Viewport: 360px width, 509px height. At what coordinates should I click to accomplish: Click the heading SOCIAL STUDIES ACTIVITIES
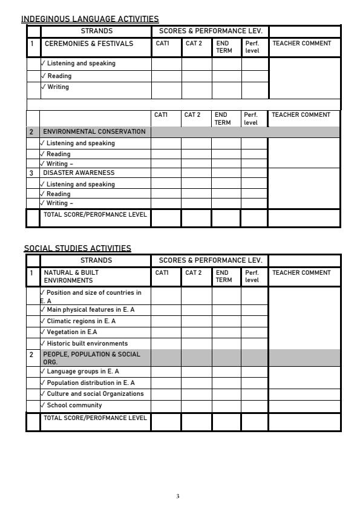(x=77, y=248)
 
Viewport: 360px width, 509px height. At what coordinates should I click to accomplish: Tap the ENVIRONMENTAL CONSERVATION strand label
(x=94, y=131)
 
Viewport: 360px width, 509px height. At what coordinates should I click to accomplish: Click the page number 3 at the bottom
(x=177, y=496)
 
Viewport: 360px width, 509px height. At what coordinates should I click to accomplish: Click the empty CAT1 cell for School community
(x=166, y=405)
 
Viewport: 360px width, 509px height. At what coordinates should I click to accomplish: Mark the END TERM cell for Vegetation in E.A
(x=226, y=332)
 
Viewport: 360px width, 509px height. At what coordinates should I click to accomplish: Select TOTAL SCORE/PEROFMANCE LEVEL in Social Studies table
(x=94, y=418)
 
